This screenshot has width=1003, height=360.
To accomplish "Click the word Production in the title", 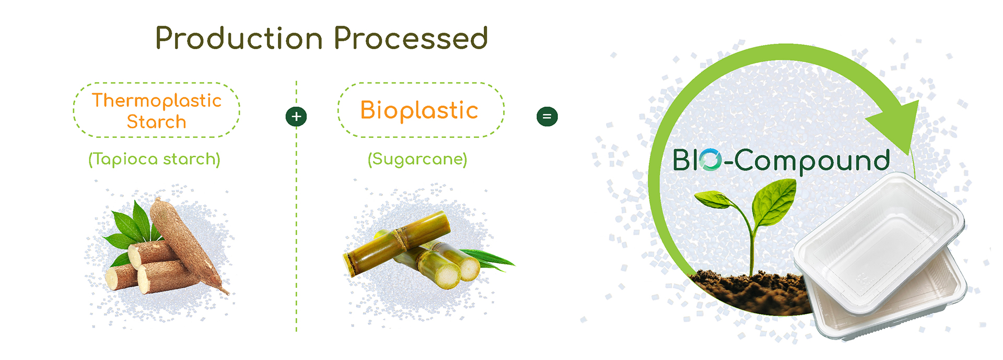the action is [x=239, y=39].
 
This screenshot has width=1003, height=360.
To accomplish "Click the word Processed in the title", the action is [x=411, y=39].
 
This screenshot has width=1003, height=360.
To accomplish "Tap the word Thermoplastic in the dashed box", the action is [x=157, y=100].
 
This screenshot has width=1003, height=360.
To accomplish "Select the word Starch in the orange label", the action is [x=157, y=122].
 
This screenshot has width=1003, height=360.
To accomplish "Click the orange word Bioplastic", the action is [x=419, y=110].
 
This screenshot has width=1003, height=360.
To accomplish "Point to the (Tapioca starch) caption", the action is [x=154, y=159].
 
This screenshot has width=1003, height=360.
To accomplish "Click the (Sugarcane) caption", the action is [x=417, y=159].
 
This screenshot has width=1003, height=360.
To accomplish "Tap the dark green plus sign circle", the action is [x=296, y=117].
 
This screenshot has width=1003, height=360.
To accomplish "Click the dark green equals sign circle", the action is [x=547, y=117].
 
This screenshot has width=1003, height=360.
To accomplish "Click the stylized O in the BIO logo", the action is [x=710, y=160].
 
